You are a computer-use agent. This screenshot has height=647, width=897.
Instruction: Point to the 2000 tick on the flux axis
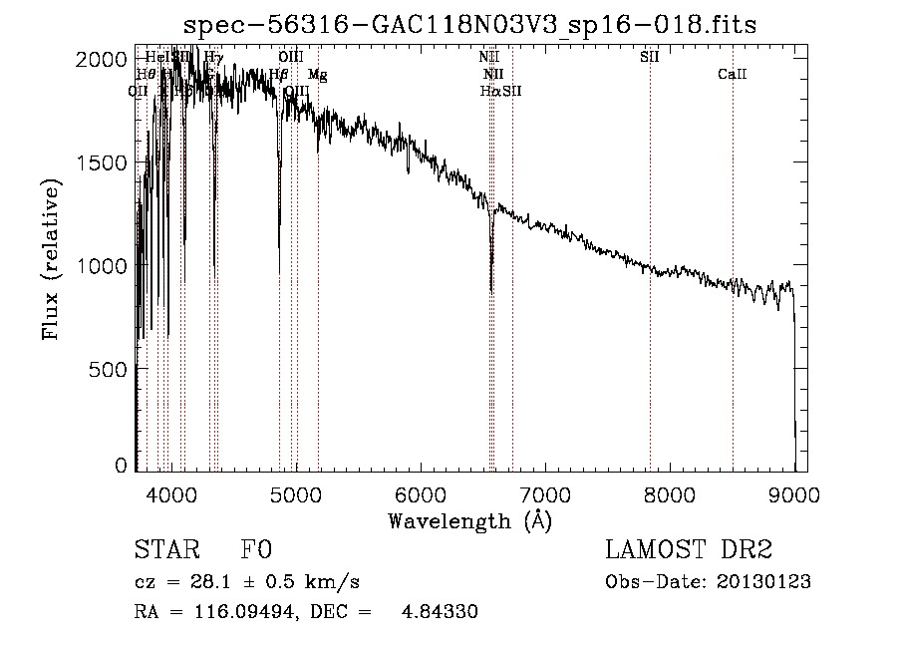tap(102, 60)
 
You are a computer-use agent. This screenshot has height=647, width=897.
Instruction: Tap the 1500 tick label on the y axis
tap(102, 162)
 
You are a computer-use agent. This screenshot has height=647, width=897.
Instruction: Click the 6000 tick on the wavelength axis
tap(421, 493)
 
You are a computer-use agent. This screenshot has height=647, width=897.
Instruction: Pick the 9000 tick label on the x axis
tap(794, 493)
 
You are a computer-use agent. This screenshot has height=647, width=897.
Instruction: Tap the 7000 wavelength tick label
tap(545, 493)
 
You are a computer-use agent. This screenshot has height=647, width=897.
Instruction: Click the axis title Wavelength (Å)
tap(468, 520)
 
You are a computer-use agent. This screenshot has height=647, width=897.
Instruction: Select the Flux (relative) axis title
tap(51, 259)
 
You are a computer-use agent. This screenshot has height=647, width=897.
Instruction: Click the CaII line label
tap(733, 75)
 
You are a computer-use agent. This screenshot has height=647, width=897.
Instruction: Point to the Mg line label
tap(317, 75)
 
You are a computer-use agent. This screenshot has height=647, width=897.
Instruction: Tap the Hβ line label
tap(279, 75)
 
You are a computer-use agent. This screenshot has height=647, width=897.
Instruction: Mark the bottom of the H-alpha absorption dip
tap(491, 289)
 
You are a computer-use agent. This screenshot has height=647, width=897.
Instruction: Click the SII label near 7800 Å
tap(650, 57)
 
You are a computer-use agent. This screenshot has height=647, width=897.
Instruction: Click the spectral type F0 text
tap(256, 550)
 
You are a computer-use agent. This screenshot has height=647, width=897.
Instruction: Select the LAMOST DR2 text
tap(687, 550)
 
